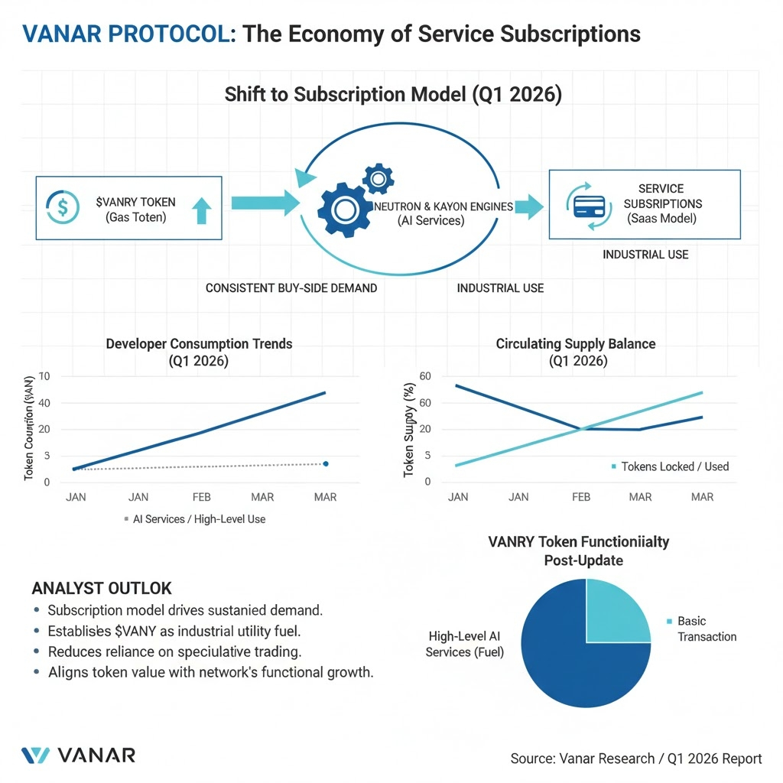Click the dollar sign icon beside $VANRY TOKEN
63,207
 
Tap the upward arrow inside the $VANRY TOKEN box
200,210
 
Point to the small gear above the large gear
378,179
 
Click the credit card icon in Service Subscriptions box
590,206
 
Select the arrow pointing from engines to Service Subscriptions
528,207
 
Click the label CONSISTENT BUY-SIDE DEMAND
291,288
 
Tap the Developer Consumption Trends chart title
199,353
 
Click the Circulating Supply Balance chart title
576,353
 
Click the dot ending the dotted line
326,463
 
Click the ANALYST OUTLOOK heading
102,589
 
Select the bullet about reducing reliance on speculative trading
174,651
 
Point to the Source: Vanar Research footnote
636,759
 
